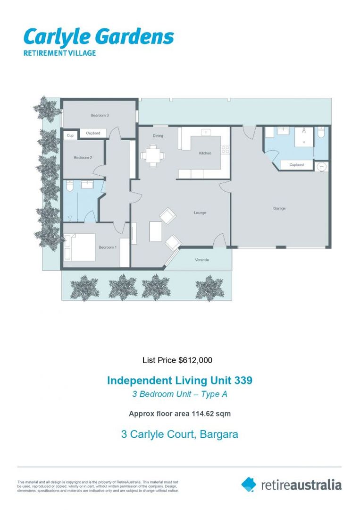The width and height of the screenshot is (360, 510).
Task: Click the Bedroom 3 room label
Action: click(100, 115)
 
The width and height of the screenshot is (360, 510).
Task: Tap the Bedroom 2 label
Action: click(83, 158)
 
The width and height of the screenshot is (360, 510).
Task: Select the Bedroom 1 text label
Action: click(107, 247)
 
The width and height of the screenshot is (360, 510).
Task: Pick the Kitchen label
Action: click(205, 153)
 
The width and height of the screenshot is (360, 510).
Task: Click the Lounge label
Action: click(200, 213)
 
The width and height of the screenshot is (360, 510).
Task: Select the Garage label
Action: click(279, 208)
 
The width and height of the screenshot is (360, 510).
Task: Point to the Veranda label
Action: click(201, 260)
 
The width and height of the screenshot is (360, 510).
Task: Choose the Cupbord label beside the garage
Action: click(296, 165)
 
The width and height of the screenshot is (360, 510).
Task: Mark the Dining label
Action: click(158, 136)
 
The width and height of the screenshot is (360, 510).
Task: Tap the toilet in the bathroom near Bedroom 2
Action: click(69, 187)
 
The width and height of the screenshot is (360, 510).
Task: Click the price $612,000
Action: click(195, 360)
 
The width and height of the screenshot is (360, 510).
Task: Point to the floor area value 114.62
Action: click(203, 414)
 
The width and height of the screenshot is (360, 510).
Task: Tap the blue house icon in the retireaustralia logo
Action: click(249, 484)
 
